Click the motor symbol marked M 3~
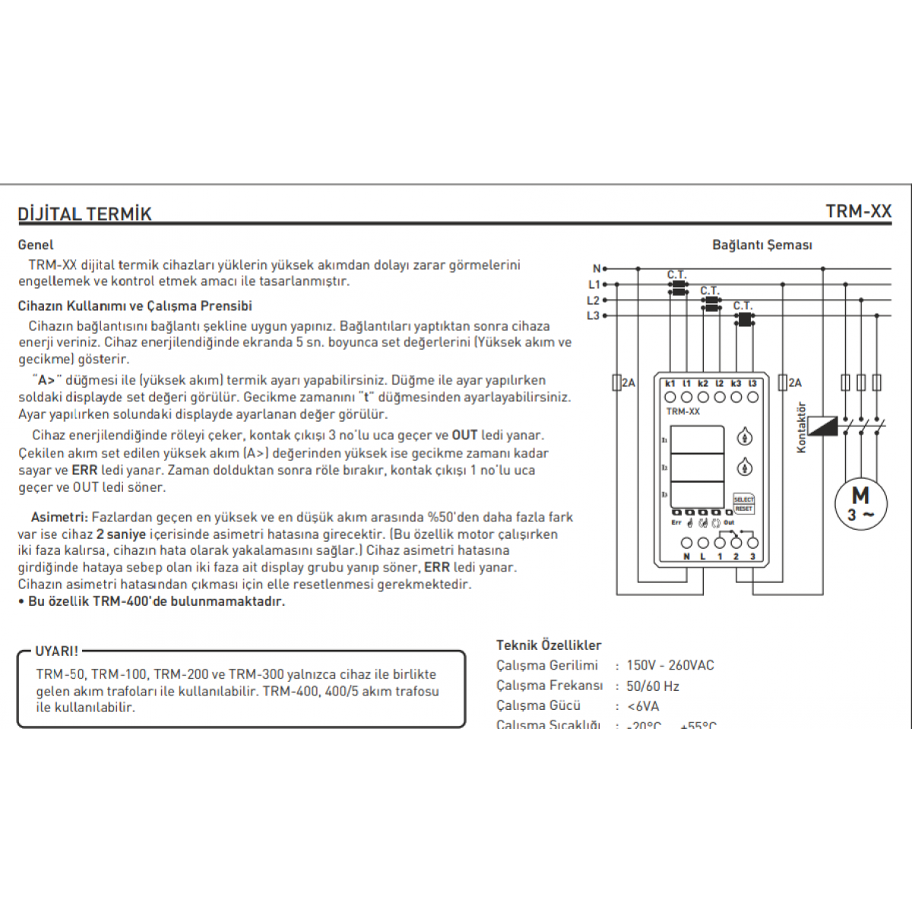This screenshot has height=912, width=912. [860, 502]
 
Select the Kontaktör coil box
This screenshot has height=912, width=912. [822, 426]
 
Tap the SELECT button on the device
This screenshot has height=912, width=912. [743, 499]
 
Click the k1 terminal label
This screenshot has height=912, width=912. [670, 384]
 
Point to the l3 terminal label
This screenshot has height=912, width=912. [752, 384]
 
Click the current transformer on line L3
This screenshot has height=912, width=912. [744, 319]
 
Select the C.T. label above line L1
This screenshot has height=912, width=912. [676, 274]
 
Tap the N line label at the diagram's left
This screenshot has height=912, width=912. [597, 268]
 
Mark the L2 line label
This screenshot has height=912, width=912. [594, 300]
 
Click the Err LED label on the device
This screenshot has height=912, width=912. [676, 523]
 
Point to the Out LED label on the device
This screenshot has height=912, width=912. [729, 523]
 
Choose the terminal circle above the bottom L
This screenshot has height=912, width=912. [703, 543]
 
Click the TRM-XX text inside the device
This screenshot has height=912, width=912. [682, 411]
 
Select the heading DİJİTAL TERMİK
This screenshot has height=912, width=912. [84, 214]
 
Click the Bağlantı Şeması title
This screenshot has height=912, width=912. [762, 245]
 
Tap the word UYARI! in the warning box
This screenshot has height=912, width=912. [56, 651]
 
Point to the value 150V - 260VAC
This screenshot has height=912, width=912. [670, 665]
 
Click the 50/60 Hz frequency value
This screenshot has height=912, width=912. [653, 686]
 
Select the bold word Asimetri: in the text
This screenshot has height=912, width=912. [59, 517]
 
